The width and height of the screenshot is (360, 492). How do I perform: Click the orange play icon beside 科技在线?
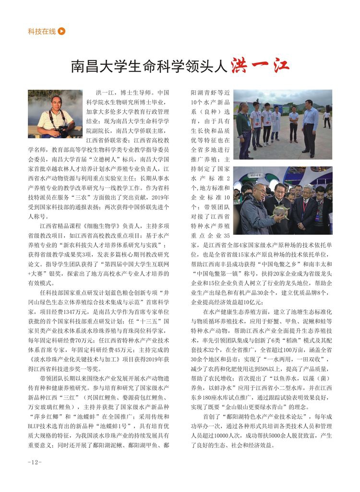click(x=61, y=32)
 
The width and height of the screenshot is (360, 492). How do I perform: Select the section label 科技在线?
click(x=42, y=32)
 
